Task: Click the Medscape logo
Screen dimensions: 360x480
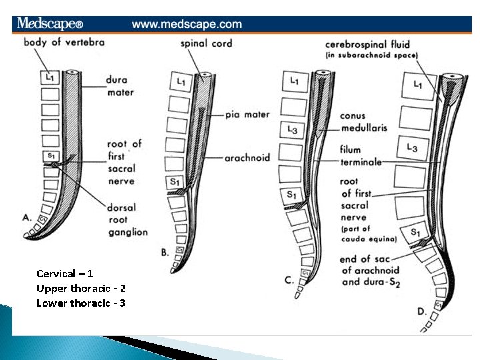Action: [50, 23]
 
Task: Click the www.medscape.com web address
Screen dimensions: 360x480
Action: [187, 24]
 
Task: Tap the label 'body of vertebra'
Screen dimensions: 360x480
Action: [64, 42]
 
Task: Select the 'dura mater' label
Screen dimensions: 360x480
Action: [120, 86]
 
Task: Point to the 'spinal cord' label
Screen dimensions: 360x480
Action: [206, 43]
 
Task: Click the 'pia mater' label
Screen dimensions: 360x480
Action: [247, 114]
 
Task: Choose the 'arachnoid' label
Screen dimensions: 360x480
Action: [247, 158]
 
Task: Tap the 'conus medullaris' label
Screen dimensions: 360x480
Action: [363, 121]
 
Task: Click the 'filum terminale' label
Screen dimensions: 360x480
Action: [360, 156]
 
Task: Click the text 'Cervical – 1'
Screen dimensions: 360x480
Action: [65, 274]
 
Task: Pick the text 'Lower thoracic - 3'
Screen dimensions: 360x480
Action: [81, 303]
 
